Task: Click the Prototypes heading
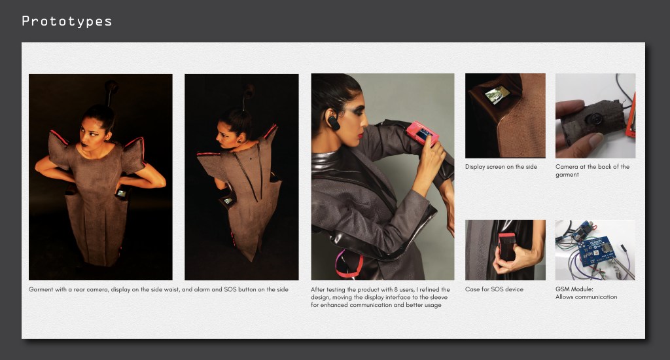tap(67, 21)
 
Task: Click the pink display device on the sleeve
tap(423, 133)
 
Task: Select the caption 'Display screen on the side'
tap(501, 167)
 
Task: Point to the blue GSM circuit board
tap(595, 251)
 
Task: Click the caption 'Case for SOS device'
tap(494, 289)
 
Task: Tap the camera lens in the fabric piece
tap(593, 118)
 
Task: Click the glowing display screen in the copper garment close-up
tap(497, 95)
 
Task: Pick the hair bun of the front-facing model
tap(111, 87)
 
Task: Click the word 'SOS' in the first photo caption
tap(230, 289)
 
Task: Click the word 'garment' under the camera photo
tap(567, 175)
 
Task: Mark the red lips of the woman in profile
tap(361, 135)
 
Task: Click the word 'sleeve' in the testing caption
tap(438, 297)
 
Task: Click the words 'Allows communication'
tap(586, 297)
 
